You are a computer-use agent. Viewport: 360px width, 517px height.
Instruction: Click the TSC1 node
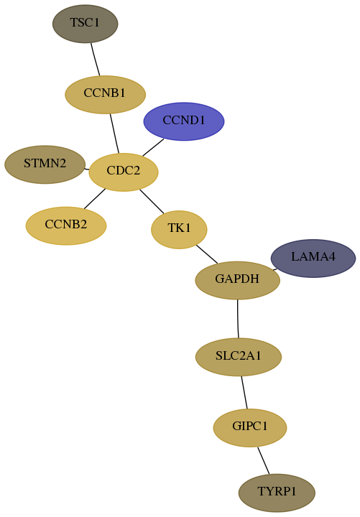click(x=85, y=24)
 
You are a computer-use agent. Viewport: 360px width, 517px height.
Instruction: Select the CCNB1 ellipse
click(x=105, y=95)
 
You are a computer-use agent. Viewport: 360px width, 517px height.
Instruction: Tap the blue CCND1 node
click(x=184, y=121)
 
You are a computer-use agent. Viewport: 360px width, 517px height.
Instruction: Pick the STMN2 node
click(x=45, y=164)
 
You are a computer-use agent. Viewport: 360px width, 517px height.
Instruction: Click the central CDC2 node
click(x=124, y=172)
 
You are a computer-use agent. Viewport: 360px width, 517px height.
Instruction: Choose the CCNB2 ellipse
click(x=66, y=226)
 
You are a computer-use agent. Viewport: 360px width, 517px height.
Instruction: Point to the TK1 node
click(x=179, y=230)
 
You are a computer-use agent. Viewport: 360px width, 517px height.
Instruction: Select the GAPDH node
click(x=238, y=280)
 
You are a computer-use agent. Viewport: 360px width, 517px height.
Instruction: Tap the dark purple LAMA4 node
click(x=313, y=258)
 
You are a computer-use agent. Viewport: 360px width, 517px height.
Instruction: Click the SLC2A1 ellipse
click(x=239, y=357)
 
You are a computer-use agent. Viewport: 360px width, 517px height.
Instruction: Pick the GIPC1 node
click(x=250, y=428)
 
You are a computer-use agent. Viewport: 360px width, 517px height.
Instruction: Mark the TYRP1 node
click(x=277, y=493)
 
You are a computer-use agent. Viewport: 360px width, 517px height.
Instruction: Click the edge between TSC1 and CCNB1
click(x=96, y=60)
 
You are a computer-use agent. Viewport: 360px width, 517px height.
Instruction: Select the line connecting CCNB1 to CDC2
click(x=114, y=134)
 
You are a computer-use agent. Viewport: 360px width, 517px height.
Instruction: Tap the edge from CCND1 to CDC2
click(x=153, y=147)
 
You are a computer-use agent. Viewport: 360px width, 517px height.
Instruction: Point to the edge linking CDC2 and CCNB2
click(x=95, y=199)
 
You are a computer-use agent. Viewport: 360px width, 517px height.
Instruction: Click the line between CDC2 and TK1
click(x=152, y=201)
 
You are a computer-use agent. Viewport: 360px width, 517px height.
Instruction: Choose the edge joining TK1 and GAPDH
click(x=207, y=254)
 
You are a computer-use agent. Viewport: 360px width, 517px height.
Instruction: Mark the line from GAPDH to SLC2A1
click(x=238, y=319)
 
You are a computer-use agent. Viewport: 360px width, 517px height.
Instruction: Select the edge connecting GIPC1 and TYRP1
click(x=263, y=460)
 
